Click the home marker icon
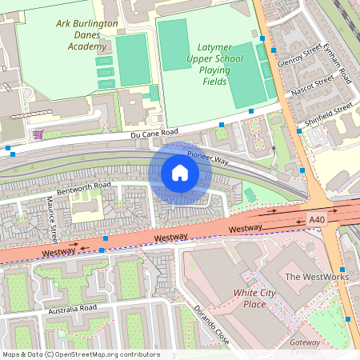180,173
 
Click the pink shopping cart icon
38,134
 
